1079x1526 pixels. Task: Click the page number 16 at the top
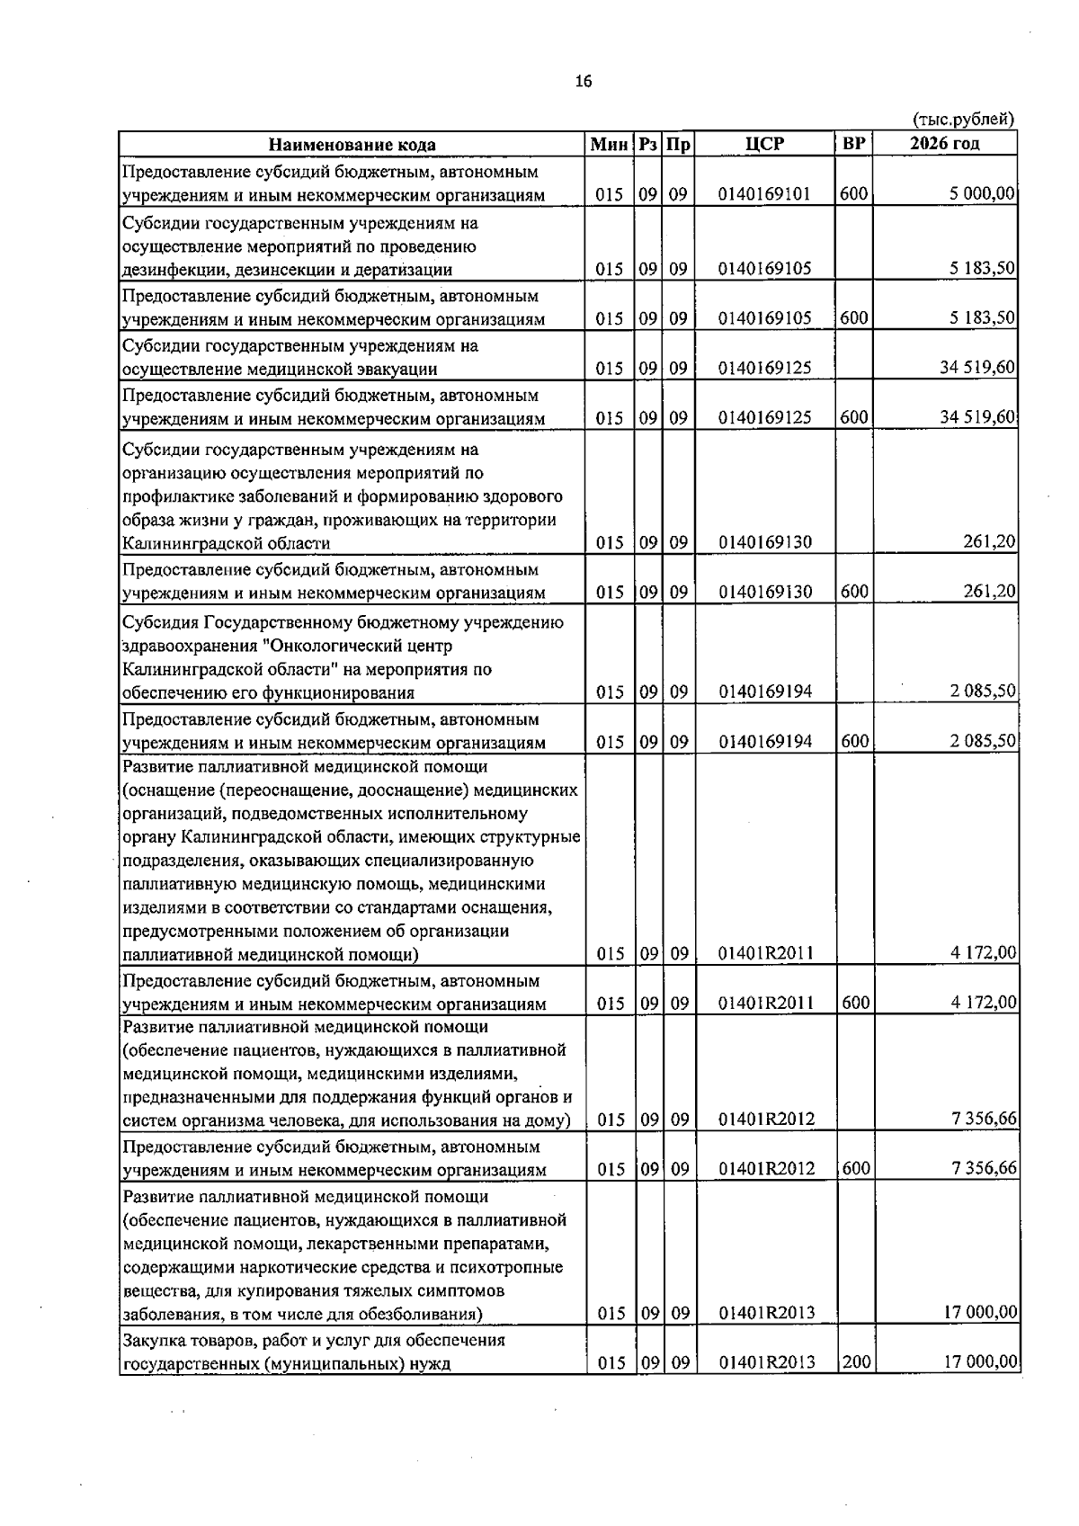(584, 82)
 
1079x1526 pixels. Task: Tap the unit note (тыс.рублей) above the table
(963, 119)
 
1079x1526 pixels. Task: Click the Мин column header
(611, 144)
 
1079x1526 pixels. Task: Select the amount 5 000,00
(981, 193)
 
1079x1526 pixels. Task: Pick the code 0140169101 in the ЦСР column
(765, 194)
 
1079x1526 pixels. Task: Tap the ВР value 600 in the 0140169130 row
(854, 592)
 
